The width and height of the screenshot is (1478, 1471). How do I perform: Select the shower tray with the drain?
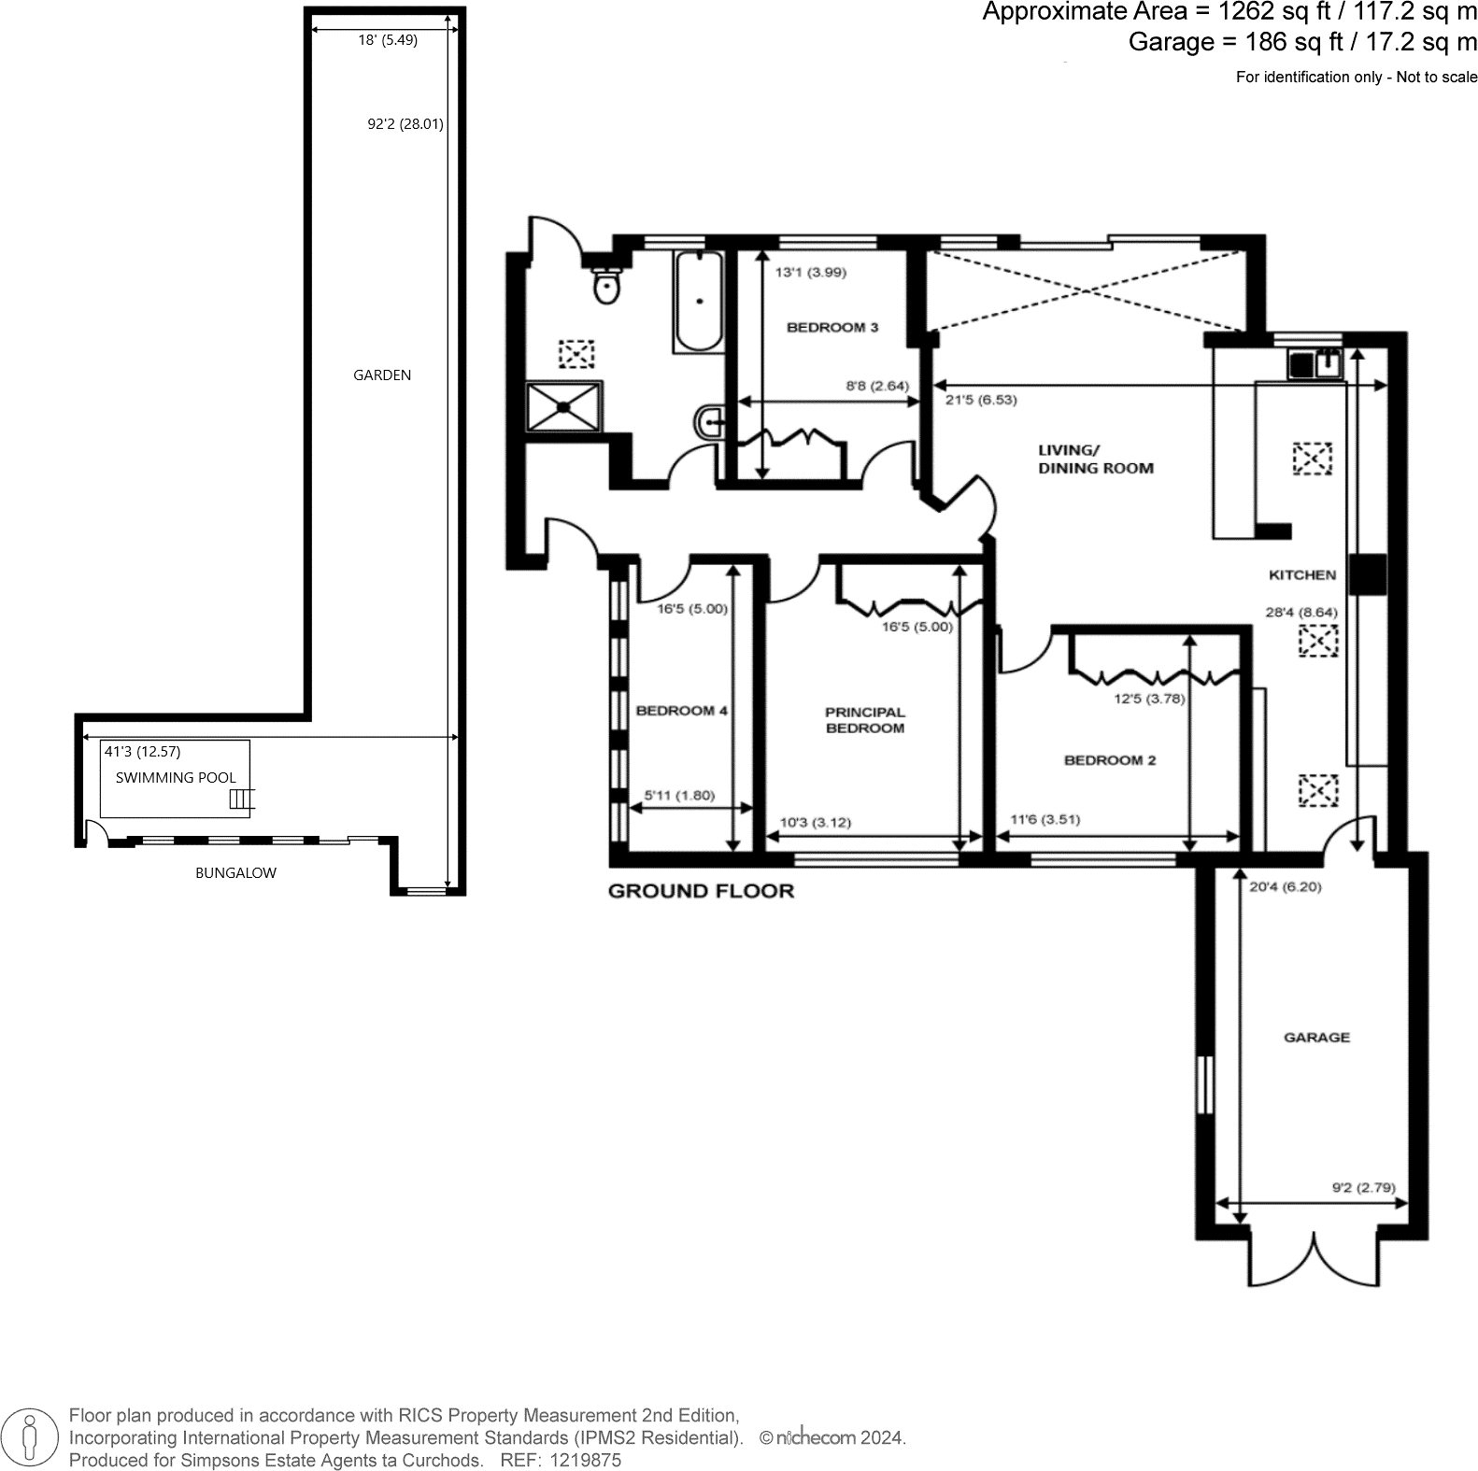pyautogui.click(x=563, y=406)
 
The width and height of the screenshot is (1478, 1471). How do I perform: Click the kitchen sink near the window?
pyautogui.click(x=1315, y=362)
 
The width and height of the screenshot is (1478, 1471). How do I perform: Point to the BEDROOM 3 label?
pyautogui.click(x=831, y=328)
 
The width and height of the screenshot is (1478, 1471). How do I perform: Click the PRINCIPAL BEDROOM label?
pyautogui.click(x=864, y=720)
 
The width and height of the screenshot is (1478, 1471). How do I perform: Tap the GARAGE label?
pyautogui.click(x=1315, y=1037)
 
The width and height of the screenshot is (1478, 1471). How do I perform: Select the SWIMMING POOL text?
pyautogui.click(x=176, y=777)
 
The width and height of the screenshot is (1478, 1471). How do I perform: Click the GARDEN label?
pyautogui.click(x=381, y=375)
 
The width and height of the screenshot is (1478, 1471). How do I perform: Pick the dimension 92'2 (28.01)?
pyautogui.click(x=405, y=123)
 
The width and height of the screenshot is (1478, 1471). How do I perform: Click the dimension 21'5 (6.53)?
pyautogui.click(x=980, y=400)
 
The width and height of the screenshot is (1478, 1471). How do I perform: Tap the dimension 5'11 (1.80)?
pyautogui.click(x=679, y=796)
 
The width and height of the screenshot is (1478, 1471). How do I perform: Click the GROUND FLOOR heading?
pyautogui.click(x=700, y=891)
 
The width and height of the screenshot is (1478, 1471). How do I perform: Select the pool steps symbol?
pyautogui.click(x=241, y=799)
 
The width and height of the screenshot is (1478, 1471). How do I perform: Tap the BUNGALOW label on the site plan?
pyautogui.click(x=235, y=873)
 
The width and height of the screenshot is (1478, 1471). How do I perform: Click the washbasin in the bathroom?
pyautogui.click(x=709, y=423)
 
